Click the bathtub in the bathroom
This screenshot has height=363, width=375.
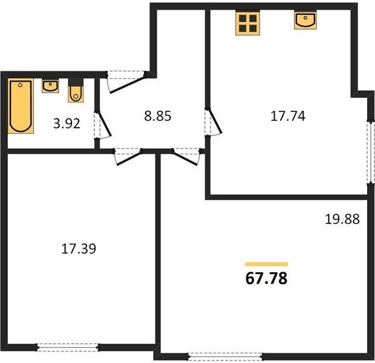(21, 106)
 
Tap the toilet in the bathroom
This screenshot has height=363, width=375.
(76, 91)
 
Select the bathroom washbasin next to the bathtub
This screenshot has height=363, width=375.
(50, 86)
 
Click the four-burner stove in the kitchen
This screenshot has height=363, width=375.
(247, 23)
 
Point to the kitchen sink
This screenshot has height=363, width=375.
(305, 20)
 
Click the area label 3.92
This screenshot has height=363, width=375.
(67, 123)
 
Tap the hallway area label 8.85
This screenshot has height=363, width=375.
(158, 116)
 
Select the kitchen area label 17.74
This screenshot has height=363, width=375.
(288, 116)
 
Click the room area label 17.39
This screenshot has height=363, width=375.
(79, 249)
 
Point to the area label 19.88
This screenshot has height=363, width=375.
(342, 219)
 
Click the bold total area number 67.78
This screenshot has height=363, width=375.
(266, 278)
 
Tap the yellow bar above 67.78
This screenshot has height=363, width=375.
(266, 264)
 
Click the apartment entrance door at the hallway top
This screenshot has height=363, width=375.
(126, 81)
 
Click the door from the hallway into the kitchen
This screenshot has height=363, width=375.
(213, 122)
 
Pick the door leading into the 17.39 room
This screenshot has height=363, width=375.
(128, 157)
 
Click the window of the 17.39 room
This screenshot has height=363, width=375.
(68, 347)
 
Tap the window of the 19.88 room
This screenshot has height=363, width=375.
(225, 357)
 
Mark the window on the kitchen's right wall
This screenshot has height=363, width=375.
(371, 152)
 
